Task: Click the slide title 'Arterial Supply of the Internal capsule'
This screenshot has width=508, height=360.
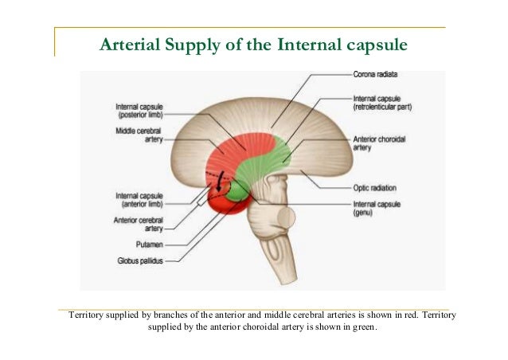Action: (253, 45)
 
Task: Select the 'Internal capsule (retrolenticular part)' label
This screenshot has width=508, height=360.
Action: (381, 102)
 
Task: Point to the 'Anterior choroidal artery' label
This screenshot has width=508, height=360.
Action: (379, 143)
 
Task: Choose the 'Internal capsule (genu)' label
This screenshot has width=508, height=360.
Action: (378, 209)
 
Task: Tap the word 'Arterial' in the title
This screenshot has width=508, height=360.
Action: (128, 45)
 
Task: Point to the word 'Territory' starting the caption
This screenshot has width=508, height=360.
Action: (89, 315)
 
